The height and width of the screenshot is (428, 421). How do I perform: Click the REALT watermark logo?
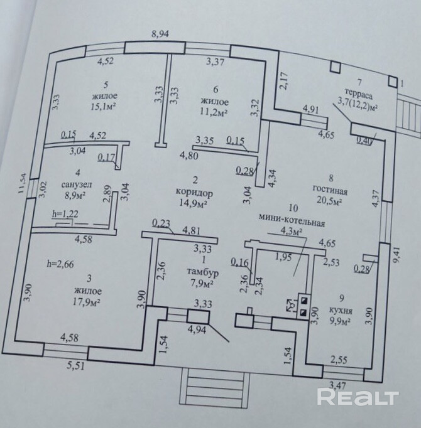(358, 397)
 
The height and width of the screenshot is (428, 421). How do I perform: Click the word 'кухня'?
(340, 310)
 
